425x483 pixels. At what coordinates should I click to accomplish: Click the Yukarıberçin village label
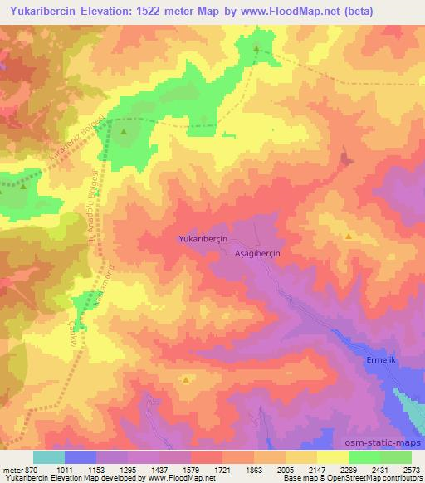[x=203, y=238]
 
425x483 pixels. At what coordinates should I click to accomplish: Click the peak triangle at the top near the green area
[x=256, y=49]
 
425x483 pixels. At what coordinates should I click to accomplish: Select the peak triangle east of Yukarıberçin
[x=349, y=237]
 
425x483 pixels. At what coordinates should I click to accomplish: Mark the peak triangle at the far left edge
[x=22, y=186]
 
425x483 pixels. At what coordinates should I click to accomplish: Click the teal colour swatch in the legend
[x=48, y=457]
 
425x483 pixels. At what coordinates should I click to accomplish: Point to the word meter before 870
[x=12, y=469]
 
